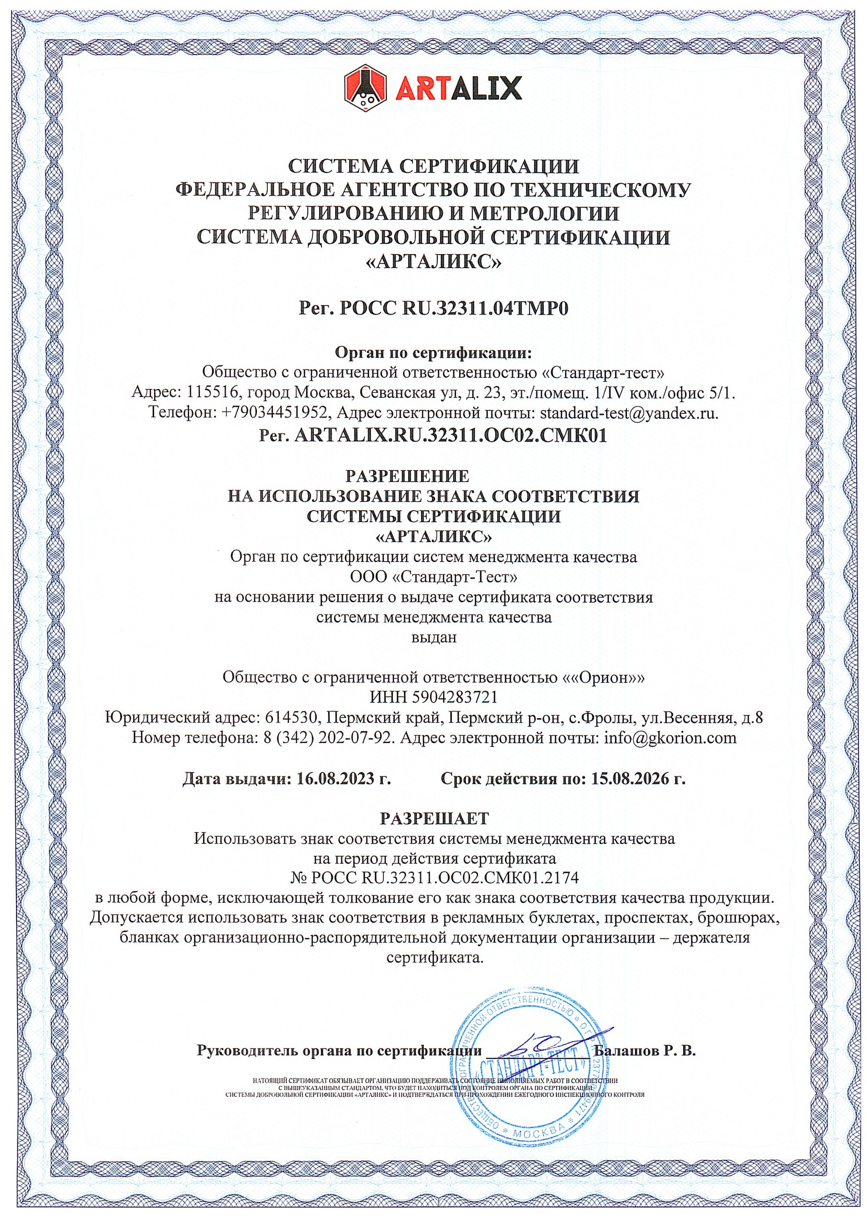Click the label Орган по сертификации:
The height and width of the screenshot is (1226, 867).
tap(433, 353)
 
